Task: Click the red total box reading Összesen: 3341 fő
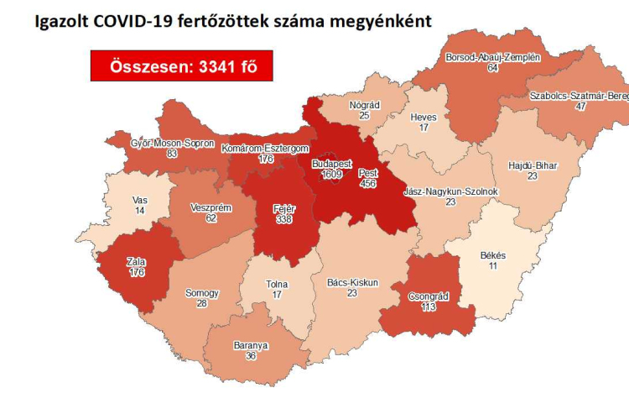point(182,65)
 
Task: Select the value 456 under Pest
point(368,182)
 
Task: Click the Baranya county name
point(251,344)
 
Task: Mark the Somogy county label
point(202,293)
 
